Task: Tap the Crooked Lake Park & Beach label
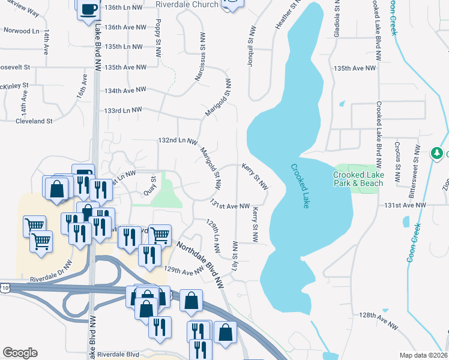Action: [357, 179]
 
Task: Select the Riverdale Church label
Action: [187, 4]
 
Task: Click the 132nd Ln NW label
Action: [178, 140]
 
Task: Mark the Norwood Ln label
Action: [21, 30]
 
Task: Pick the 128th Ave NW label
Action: [379, 320]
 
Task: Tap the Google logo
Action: [20, 352]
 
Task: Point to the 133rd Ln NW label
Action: [122, 110]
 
